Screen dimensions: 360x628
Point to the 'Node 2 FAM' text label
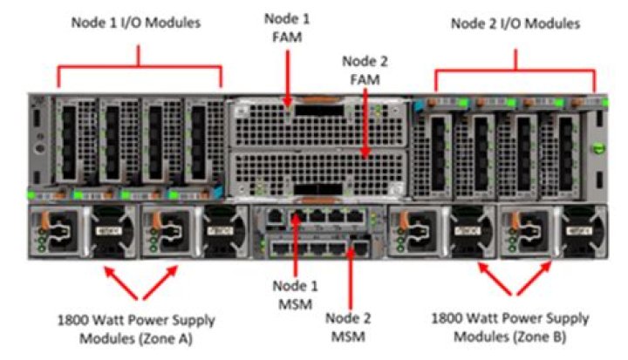(x=367, y=69)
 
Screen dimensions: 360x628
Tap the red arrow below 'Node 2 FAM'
(x=367, y=122)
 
